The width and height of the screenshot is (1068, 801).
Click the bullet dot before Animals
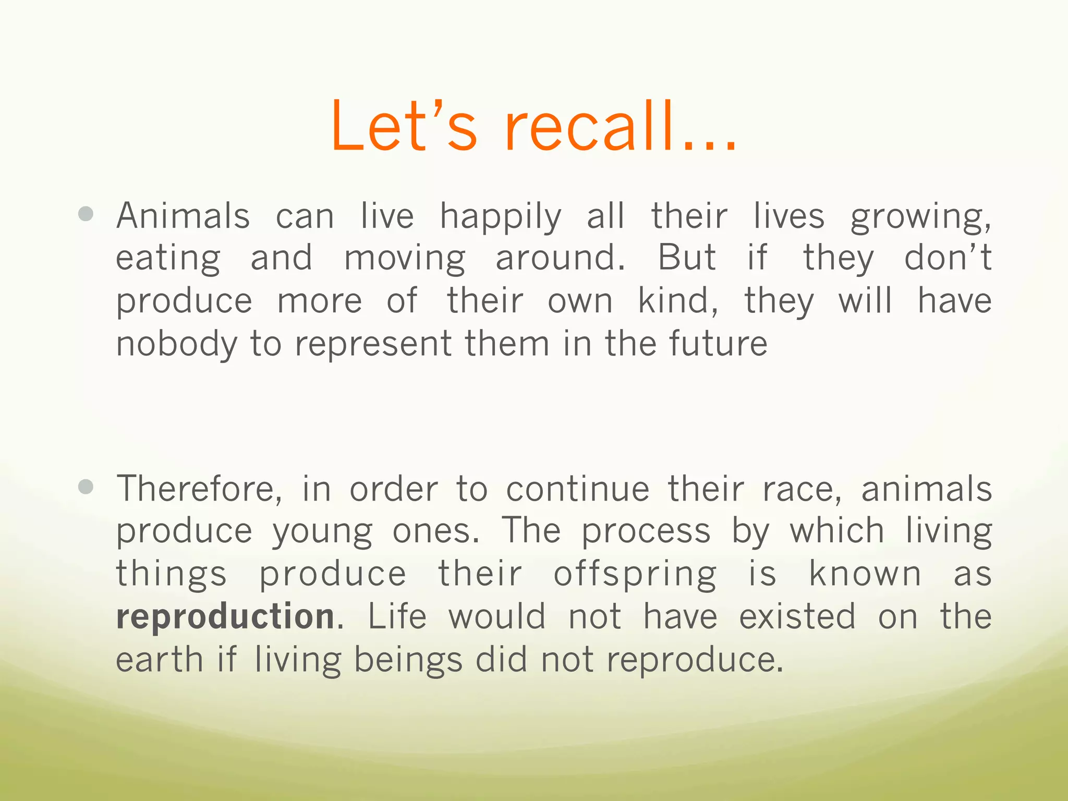coord(86,214)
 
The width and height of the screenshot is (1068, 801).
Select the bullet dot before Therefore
coord(86,487)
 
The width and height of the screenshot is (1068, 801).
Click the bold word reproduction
coord(225,616)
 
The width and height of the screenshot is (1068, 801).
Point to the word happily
coord(501,217)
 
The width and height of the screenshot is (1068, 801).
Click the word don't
coord(948,258)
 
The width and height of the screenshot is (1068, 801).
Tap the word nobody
coord(176,344)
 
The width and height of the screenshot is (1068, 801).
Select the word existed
coord(797,616)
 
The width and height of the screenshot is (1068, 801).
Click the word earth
coord(159,659)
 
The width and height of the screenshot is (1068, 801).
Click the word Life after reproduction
coord(397,616)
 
